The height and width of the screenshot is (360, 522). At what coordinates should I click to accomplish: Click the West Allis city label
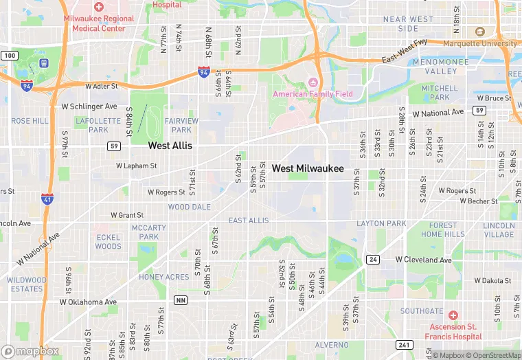point(170,146)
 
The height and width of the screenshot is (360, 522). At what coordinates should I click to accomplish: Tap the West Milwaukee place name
point(308,168)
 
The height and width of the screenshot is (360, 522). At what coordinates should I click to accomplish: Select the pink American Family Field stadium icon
point(313,83)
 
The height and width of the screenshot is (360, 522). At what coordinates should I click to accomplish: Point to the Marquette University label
point(480,43)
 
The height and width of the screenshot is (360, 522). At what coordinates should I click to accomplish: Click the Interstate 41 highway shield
point(47,199)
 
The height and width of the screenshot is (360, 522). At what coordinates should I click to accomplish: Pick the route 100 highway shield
point(9,55)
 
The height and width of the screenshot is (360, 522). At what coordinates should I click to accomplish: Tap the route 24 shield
point(373,259)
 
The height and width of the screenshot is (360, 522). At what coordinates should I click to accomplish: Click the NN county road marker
point(181,300)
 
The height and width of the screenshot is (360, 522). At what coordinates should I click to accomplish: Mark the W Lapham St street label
point(136,166)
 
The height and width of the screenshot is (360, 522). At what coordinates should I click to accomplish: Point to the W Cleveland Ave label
point(424,260)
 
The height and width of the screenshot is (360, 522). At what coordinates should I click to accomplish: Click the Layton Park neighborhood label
point(381,224)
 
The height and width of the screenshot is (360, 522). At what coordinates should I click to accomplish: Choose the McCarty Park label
point(148,232)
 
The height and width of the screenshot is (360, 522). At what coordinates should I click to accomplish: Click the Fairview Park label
point(181,125)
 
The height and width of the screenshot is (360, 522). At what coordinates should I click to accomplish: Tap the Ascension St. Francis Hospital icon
point(453,315)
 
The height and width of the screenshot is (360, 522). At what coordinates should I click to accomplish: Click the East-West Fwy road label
point(405,51)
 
